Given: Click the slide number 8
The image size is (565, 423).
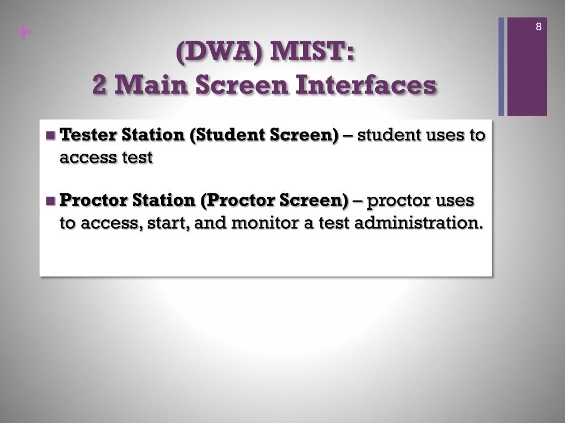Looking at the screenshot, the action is [539, 26].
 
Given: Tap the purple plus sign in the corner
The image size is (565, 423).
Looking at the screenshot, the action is [23, 32].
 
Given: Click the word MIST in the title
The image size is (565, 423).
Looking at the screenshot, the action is [312, 51].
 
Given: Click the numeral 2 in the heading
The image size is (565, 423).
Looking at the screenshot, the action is [99, 85].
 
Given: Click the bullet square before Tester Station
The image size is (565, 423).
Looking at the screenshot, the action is [51, 135].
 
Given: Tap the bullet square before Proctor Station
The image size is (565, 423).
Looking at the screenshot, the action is [51, 200].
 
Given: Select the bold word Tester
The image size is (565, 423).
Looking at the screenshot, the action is [88, 135].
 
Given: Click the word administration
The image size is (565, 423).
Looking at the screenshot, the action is [419, 223].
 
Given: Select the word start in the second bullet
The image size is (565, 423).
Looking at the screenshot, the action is [168, 223].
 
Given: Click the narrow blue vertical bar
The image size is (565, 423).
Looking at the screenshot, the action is [501, 67].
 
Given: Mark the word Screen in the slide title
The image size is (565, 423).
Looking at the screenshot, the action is [242, 85].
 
